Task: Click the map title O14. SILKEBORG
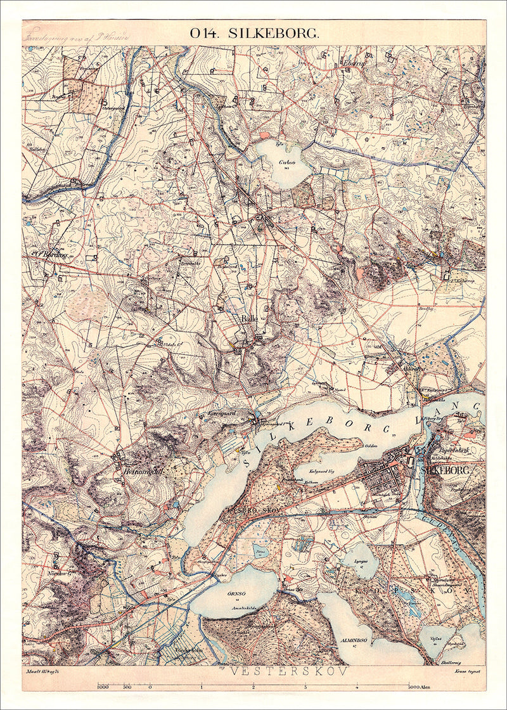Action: point(253,34)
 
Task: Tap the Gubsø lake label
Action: point(284,162)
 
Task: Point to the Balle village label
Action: point(249,319)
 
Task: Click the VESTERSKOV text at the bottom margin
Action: point(288,671)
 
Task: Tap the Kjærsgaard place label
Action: point(222,411)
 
